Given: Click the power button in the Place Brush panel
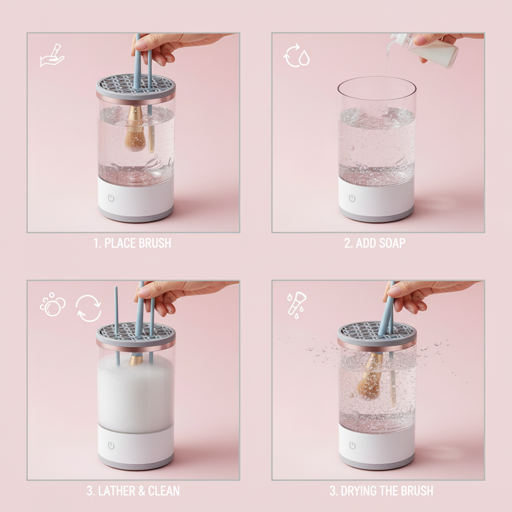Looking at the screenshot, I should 111,198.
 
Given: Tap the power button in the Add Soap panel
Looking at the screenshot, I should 352,198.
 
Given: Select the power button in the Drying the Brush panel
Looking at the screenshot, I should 352,445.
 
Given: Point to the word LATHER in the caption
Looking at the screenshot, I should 116,491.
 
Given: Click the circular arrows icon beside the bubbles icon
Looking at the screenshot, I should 89,308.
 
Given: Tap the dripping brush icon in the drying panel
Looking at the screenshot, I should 296,303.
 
